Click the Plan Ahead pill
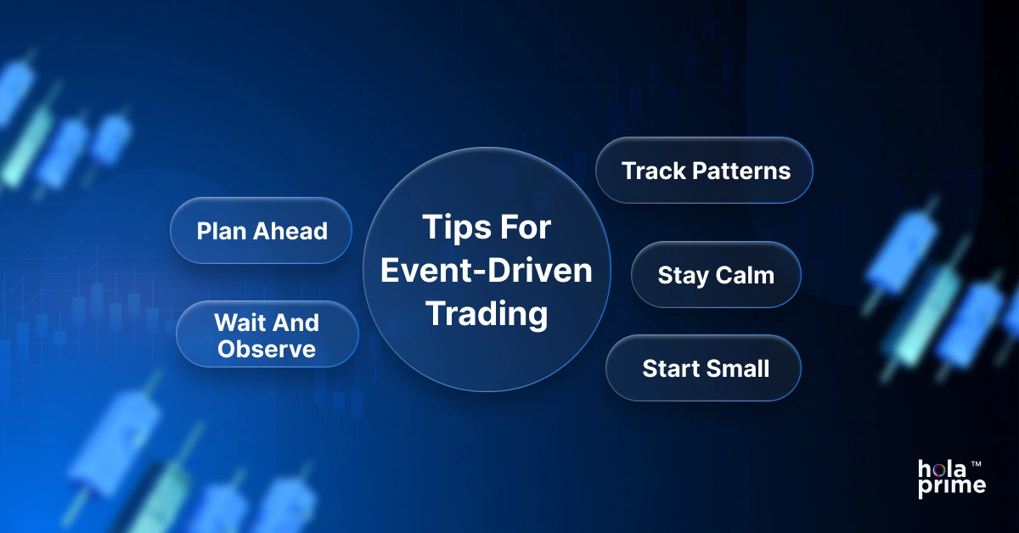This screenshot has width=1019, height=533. coord(262,231)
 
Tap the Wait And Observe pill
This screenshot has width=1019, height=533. coord(267,334)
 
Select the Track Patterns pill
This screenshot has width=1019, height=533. coord(705,171)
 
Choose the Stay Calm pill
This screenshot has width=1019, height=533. coord(716,275)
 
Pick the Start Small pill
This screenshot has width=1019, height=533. coord(704,368)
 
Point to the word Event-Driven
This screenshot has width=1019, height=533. coord(487,272)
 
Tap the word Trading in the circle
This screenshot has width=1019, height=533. coord(487,314)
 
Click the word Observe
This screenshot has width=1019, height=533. coord(267,348)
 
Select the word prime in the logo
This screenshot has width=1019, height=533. coord(952,485)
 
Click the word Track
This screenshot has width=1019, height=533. coord(652,171)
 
